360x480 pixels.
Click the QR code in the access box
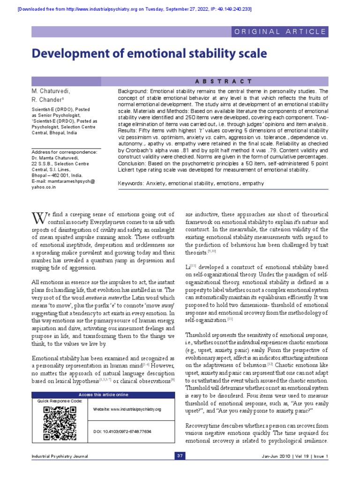pos(59,423)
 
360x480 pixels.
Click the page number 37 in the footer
pos(180,456)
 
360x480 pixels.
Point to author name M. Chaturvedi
pos(51,90)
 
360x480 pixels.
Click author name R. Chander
pos(46,100)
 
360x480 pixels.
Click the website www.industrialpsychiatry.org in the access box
pos(127,409)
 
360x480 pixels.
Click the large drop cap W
pos(39,218)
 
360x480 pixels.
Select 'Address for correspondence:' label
pos(64,152)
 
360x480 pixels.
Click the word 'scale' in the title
pos(252,54)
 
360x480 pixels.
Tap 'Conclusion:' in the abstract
pos(133,163)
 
